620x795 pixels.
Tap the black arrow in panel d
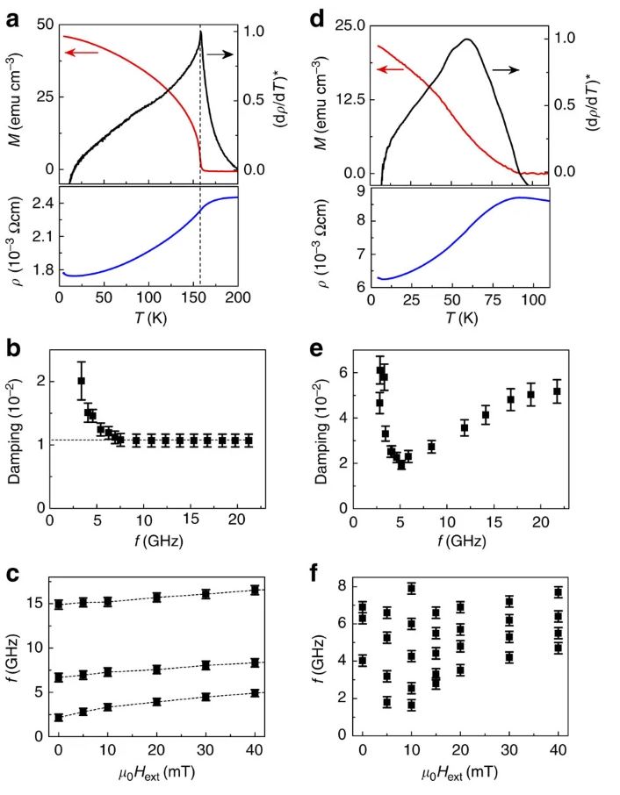pyautogui.click(x=508, y=68)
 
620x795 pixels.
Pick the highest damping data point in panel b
pyautogui.click(x=81, y=381)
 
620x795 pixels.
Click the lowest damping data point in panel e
pyautogui.click(x=401, y=465)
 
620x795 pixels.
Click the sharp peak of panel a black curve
pyautogui.click(x=200, y=32)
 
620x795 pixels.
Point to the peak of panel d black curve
pyautogui.click(x=467, y=39)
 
